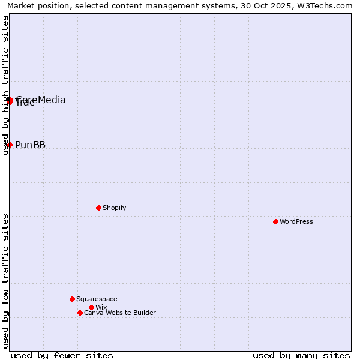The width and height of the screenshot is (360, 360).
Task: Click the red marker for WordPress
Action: click(x=275, y=221)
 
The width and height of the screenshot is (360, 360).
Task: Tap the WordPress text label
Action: click(x=296, y=221)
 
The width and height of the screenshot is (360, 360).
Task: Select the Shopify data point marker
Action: click(x=98, y=208)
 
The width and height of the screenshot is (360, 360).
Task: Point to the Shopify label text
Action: click(x=114, y=208)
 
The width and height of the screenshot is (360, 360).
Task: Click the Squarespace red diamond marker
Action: click(x=72, y=299)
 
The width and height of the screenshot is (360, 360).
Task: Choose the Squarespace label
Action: click(x=97, y=299)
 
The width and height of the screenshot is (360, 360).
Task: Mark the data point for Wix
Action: click(x=91, y=307)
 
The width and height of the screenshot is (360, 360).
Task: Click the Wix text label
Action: click(x=101, y=307)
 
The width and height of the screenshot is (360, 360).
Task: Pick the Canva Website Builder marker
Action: click(x=80, y=313)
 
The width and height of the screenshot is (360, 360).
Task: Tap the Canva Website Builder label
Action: click(x=119, y=313)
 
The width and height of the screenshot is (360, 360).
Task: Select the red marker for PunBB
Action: click(x=10, y=145)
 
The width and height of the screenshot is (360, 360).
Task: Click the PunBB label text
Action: click(x=30, y=145)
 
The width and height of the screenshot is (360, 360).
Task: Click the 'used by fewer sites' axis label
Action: click(x=62, y=355)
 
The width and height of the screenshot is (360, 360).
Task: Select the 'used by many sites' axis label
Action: click(x=301, y=355)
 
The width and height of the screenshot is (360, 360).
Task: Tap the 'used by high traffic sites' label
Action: click(x=5, y=85)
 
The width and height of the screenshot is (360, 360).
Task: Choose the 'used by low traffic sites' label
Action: click(x=5, y=281)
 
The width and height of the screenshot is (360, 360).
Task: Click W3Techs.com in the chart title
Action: click(x=325, y=5)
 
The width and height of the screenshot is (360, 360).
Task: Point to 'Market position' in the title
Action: click(x=34, y=5)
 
